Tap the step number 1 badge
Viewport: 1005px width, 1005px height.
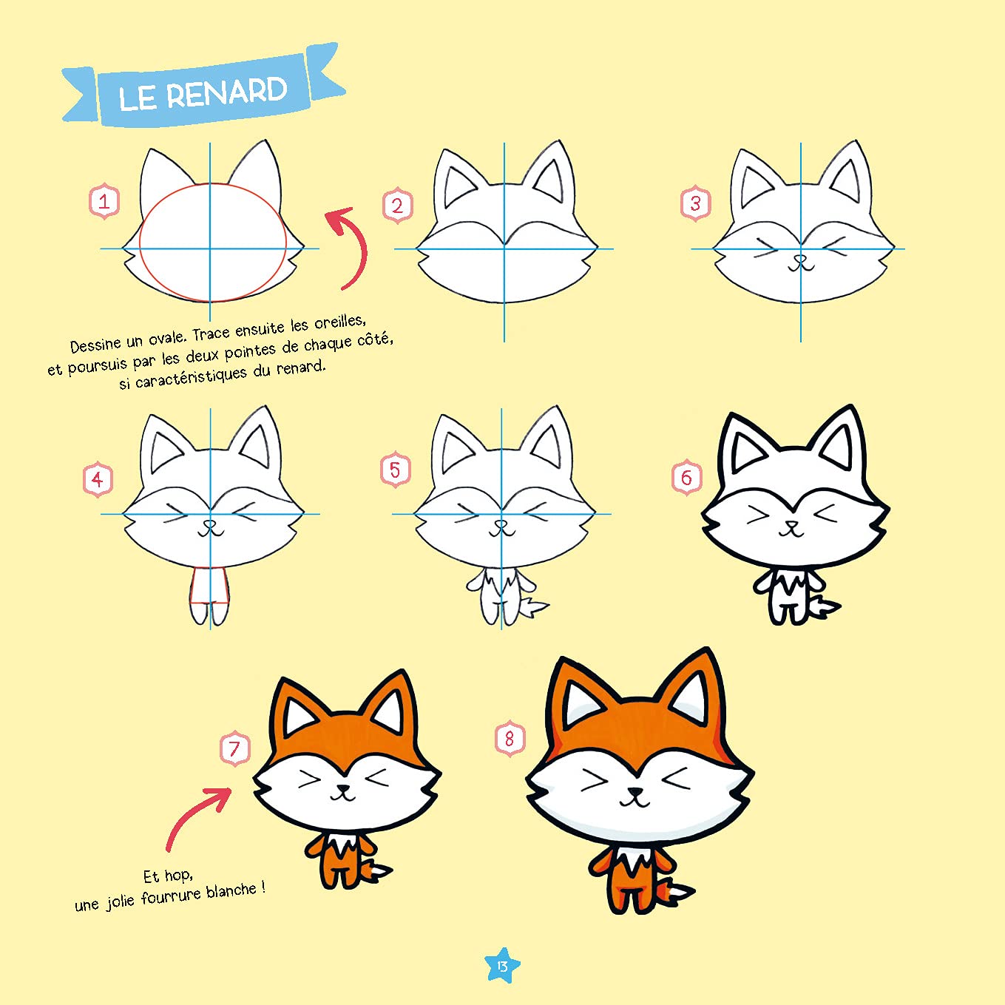(x=104, y=201)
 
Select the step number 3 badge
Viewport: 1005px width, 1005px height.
(x=695, y=203)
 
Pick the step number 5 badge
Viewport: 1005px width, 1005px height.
(x=395, y=470)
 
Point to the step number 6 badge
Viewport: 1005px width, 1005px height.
(x=686, y=477)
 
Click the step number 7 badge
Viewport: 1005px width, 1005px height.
(x=234, y=748)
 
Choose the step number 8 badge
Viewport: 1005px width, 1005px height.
(x=509, y=738)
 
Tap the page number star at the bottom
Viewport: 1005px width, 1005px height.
(x=502, y=966)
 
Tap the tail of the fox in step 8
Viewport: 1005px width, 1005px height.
(x=676, y=893)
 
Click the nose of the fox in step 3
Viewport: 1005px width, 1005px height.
(x=799, y=260)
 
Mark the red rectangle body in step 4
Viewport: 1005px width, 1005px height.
(x=209, y=586)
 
